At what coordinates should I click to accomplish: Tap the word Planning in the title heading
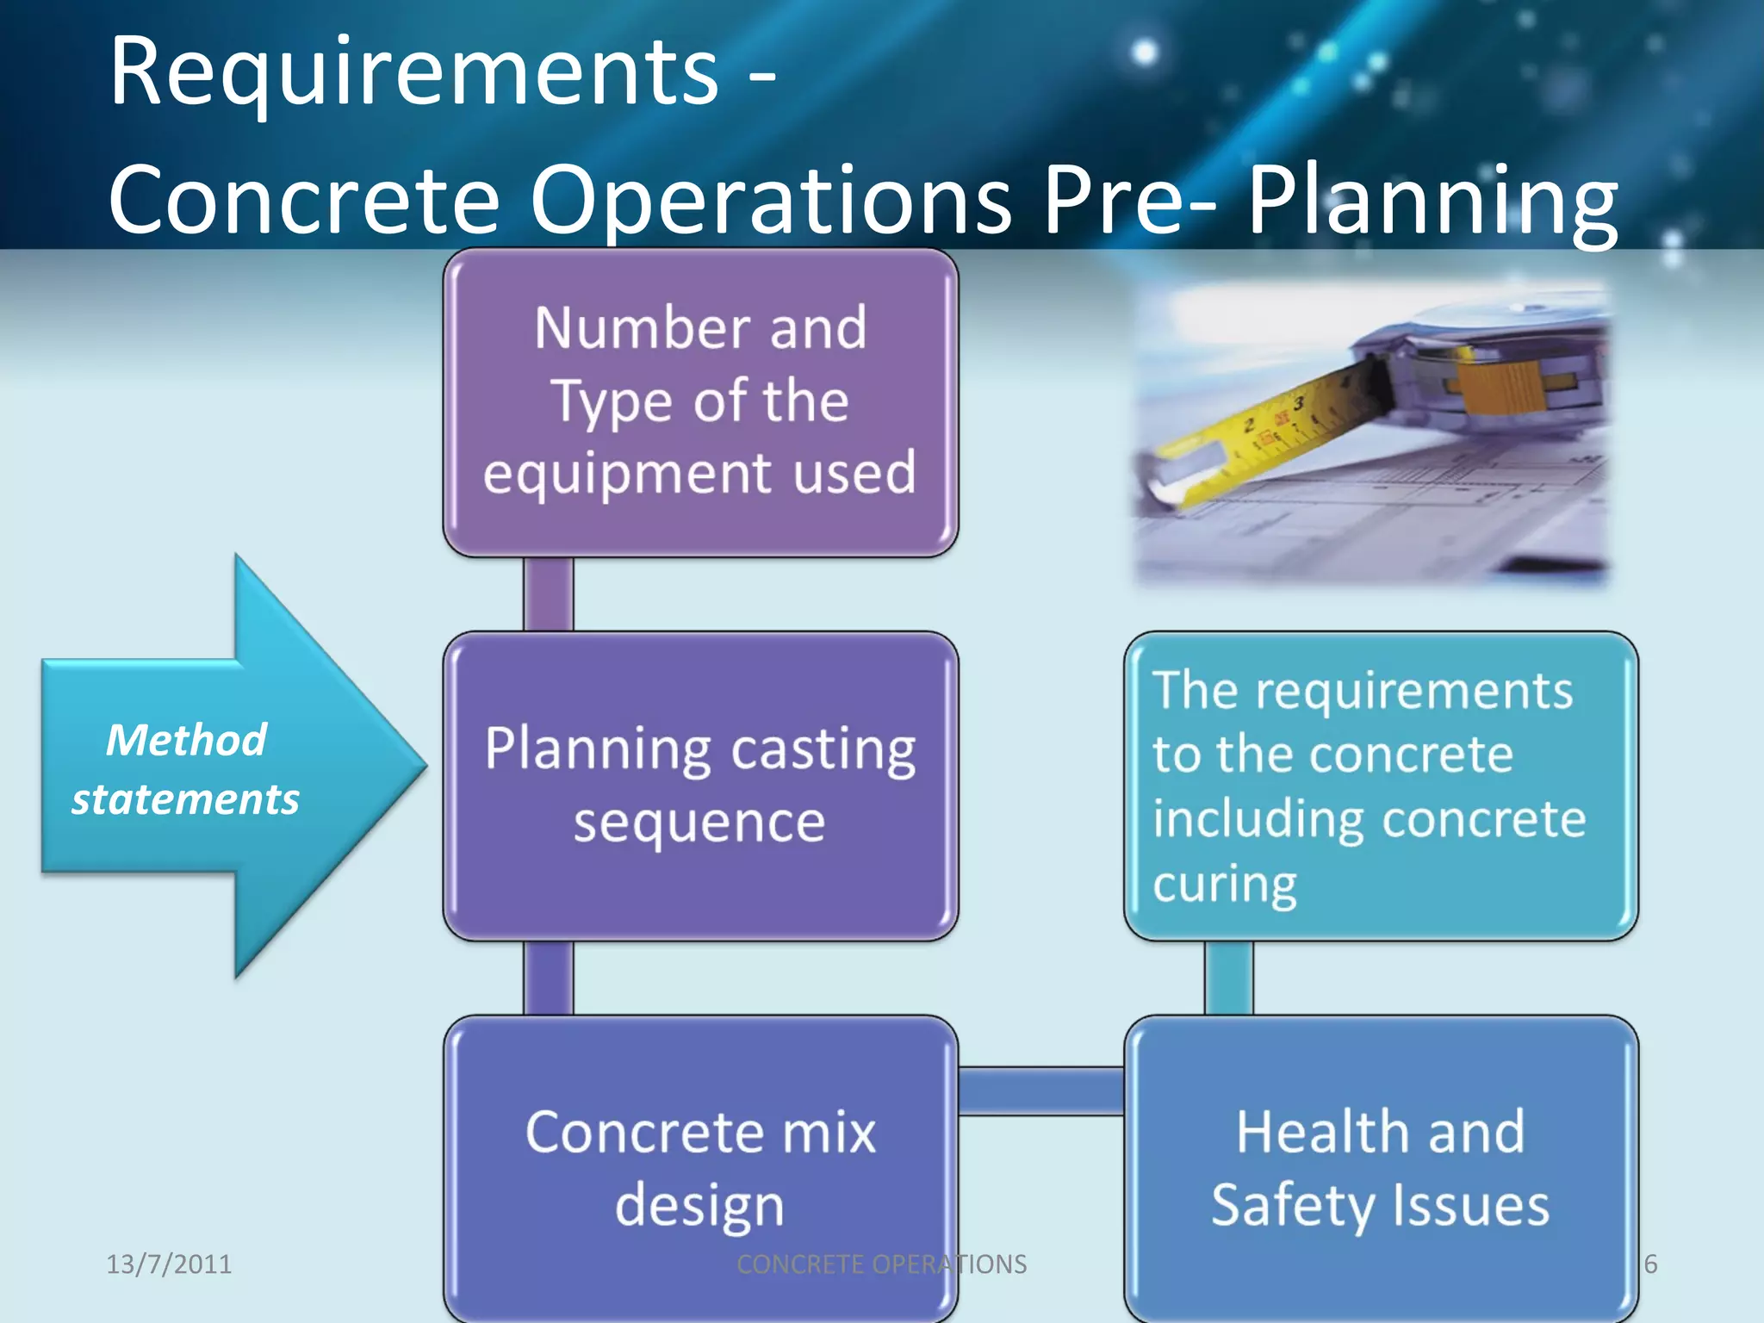click(x=1432, y=202)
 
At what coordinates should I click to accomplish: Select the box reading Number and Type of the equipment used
click(x=700, y=401)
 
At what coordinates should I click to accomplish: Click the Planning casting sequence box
click(x=700, y=786)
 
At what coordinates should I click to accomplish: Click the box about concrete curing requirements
click(x=1381, y=786)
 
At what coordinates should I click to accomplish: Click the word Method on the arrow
click(x=186, y=740)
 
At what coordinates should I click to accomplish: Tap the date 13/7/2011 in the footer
click(x=169, y=1264)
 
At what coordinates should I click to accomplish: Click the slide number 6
click(x=1650, y=1264)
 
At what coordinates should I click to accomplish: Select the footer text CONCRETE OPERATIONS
click(x=881, y=1264)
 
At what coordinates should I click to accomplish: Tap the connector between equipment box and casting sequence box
click(x=548, y=594)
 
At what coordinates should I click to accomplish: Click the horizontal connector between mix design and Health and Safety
click(x=1040, y=1090)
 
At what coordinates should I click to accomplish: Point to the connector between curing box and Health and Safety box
click(x=1228, y=978)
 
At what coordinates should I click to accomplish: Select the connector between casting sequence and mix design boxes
click(x=548, y=978)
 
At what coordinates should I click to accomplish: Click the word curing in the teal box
click(x=1225, y=885)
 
